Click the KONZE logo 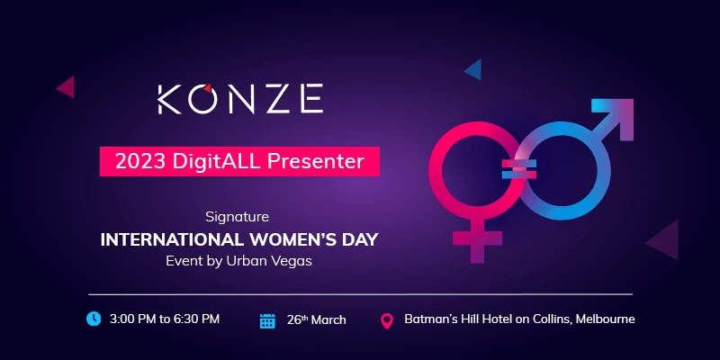coord(240,99)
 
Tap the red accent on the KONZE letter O coord(208,87)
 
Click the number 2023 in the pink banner coord(139,161)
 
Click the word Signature coord(237,217)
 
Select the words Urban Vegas coord(269,261)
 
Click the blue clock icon coord(94,319)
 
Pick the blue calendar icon coord(267,321)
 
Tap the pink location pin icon coord(388,321)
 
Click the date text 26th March coord(317,319)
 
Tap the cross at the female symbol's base coord(477,241)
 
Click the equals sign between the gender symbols coord(519,169)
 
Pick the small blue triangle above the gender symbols coord(475,69)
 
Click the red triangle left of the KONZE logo coord(67,86)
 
